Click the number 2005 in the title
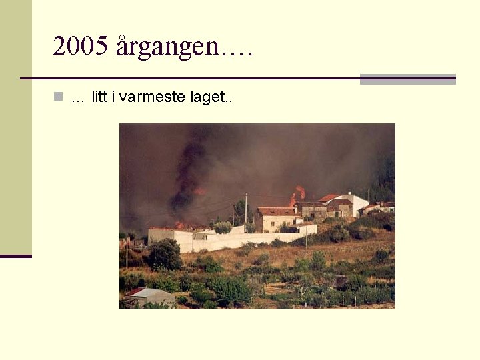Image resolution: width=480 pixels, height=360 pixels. (x=80, y=46)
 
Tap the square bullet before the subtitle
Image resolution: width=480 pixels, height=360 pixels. (x=59, y=97)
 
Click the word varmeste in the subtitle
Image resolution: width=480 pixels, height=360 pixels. (x=152, y=97)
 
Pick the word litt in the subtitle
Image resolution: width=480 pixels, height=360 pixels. (x=99, y=97)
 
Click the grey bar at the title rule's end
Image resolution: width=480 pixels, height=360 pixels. (x=407, y=79)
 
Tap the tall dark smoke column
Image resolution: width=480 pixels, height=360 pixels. (x=187, y=167)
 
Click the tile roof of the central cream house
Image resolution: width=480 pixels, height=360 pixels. (x=276, y=211)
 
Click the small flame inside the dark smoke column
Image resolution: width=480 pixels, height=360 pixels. (x=199, y=191)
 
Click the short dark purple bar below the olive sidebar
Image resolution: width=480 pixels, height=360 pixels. (x=15, y=255)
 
